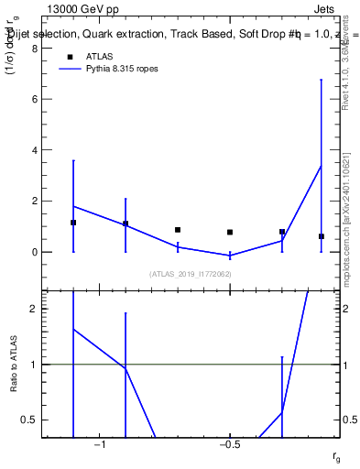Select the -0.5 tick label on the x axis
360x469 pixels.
click(229, 445)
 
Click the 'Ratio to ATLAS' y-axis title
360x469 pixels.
click(14, 364)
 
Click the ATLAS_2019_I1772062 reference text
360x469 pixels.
click(190, 274)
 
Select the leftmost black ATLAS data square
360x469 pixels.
click(73, 223)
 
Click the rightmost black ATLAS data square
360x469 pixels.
click(322, 236)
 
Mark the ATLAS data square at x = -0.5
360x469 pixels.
click(230, 233)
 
